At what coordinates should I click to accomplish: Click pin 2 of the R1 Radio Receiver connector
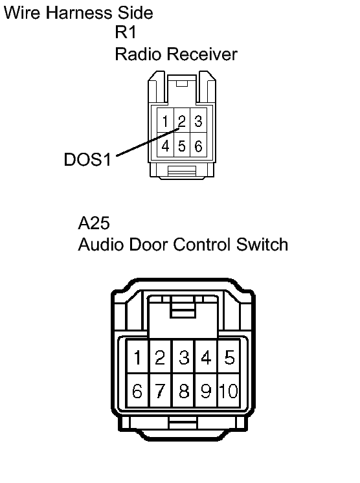coord(182,120)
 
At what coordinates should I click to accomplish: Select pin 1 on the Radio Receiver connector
coord(166,120)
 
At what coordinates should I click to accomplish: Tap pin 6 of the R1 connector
coord(198,145)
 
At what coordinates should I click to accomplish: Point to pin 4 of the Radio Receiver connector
coord(166,145)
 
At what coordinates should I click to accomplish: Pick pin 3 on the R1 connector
coord(198,120)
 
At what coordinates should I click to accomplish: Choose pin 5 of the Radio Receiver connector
coord(182,145)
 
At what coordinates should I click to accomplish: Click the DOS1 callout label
coord(87,159)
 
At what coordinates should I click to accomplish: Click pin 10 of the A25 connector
coord(229,390)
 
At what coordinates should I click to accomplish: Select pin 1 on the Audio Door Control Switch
coord(138,357)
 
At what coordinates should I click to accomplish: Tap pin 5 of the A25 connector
coord(229,357)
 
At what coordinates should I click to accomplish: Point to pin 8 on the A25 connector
coord(184,390)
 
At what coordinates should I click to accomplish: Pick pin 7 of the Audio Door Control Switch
coord(160,390)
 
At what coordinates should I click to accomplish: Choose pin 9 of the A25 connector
coord(206,390)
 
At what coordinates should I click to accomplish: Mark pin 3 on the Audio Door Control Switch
coord(184,357)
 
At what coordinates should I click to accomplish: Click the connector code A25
coord(94,223)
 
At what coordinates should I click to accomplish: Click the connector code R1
coord(126,32)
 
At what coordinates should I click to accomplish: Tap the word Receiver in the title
coord(202,54)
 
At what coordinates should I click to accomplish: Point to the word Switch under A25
coord(262,245)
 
